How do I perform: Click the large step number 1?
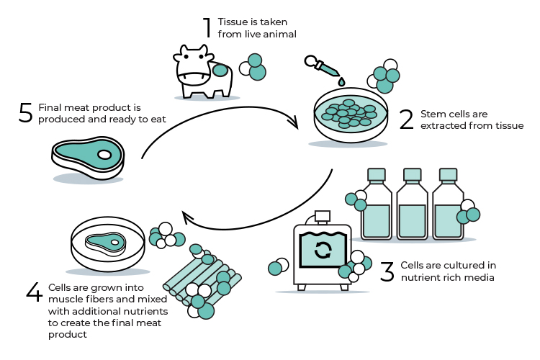coord(207,27)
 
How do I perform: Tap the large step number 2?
coord(407,120)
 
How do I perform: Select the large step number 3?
coord(387,271)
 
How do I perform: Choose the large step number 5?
coord(26,113)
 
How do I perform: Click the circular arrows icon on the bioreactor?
coord(323,250)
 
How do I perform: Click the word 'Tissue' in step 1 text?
coord(232,21)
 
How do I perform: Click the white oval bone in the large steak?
coord(105,154)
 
